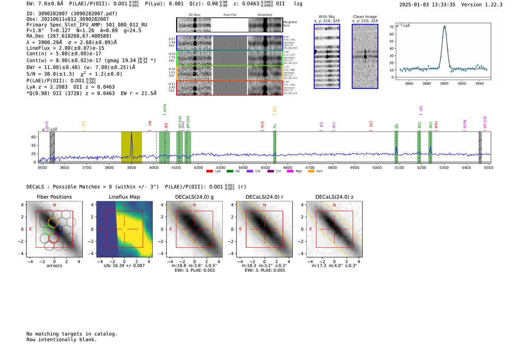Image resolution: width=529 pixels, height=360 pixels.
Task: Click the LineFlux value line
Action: coord(65,48)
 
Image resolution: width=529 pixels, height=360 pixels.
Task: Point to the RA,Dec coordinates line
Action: coord(69,36)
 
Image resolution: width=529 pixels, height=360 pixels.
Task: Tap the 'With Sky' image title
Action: coord(326,17)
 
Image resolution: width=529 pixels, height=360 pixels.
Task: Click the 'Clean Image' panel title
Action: coord(365,17)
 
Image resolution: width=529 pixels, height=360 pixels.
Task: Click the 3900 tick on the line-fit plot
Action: coord(444,83)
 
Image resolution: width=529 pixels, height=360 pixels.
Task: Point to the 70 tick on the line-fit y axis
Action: coord(392,27)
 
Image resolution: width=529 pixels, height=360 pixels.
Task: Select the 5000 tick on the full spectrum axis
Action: coord(377,168)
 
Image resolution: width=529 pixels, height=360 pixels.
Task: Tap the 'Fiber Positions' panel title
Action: coord(54,197)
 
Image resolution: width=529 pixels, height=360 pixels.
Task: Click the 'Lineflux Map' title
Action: coord(124,197)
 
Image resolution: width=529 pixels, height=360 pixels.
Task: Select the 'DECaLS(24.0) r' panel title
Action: coord(264,197)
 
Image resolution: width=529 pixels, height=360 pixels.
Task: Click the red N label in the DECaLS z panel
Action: coord(334,205)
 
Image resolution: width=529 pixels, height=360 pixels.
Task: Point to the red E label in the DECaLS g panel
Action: coord(170,229)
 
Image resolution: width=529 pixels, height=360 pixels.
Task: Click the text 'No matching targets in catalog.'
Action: coord(72,334)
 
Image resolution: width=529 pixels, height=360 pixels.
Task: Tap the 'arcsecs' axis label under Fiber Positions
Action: coord(54,266)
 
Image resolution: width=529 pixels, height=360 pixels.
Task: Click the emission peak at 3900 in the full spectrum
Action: coord(131,134)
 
